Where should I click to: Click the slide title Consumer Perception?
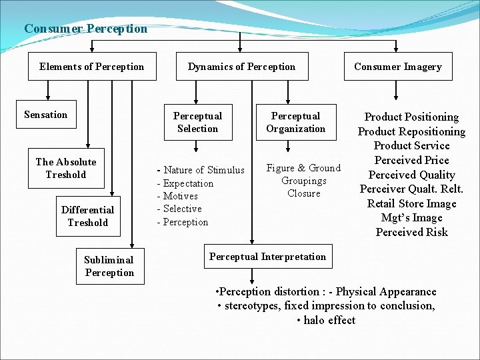coord(85,29)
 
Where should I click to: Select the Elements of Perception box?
coord(91,67)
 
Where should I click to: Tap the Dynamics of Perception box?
coord(241,67)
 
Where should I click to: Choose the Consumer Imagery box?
coord(398,67)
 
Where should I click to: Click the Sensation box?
coord(46,115)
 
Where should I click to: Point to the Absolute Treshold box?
coord(66,168)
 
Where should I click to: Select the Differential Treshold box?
coord(87,216)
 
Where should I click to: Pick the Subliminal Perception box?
coord(109,266)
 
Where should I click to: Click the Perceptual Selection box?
coord(197,122)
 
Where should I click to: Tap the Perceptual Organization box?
coord(296,122)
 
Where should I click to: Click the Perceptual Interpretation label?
coord(267,257)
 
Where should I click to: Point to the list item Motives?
coord(179,196)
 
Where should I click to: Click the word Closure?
coord(304,193)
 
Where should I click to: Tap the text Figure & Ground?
coord(303,168)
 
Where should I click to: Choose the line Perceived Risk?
coord(411,232)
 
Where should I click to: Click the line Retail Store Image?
coord(411,203)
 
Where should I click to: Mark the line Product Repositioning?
coord(411,131)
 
